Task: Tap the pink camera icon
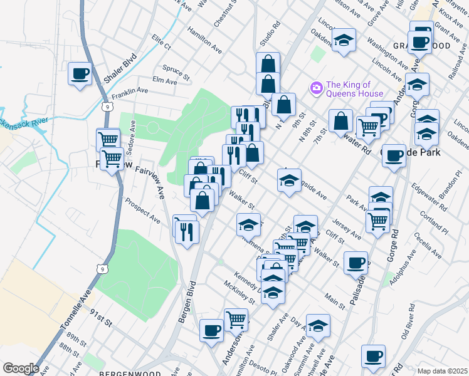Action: [x=316, y=87]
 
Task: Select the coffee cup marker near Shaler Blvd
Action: [x=80, y=74]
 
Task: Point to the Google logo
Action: [x=21, y=368]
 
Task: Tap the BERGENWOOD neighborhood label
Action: [x=123, y=372]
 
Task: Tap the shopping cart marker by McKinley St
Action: [x=236, y=320]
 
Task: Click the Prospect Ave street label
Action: [x=142, y=211]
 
